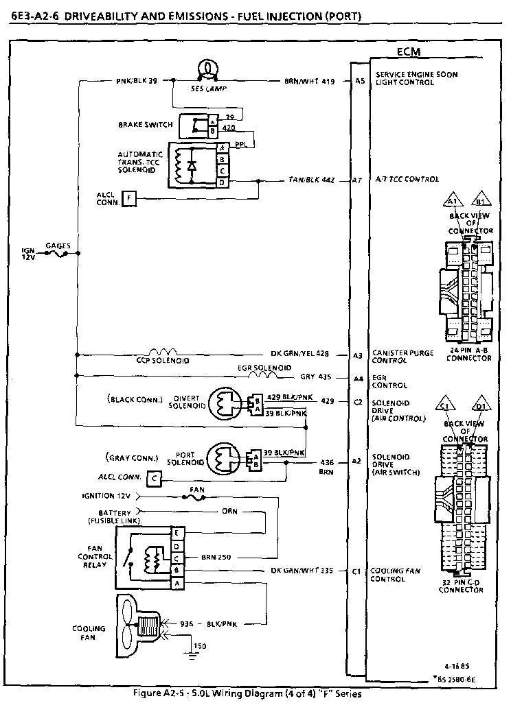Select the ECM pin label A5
click(359, 81)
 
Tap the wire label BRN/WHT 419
click(309, 81)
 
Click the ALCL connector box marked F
click(129, 199)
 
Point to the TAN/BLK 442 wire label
click(311, 180)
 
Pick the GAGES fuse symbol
click(57, 254)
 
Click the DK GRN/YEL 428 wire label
click(299, 354)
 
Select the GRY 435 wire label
click(316, 377)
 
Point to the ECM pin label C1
click(356, 571)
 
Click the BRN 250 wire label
click(216, 557)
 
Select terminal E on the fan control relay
click(177, 533)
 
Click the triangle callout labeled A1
click(451, 200)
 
